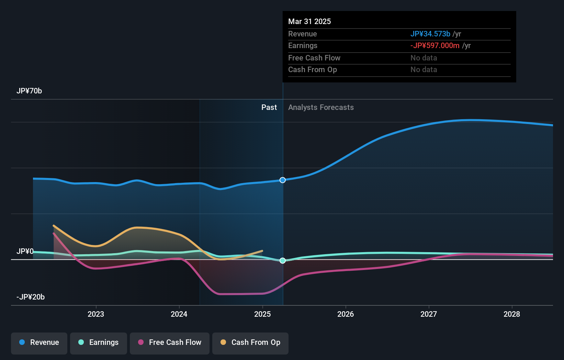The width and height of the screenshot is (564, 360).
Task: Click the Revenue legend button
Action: coord(39,342)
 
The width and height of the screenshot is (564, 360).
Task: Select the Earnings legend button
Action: coord(99,342)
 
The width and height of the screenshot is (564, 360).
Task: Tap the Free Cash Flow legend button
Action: coord(170,342)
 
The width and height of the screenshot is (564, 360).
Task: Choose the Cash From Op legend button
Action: coord(250,342)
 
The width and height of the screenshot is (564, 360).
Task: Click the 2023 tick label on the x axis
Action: coord(96,314)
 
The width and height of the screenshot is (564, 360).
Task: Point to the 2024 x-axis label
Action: coord(179,314)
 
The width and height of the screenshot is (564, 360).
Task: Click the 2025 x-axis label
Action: coord(262,314)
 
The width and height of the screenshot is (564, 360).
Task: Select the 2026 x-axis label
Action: coord(346,314)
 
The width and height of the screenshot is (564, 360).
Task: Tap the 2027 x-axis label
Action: coord(429,314)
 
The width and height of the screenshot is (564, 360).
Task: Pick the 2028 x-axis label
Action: coord(512,314)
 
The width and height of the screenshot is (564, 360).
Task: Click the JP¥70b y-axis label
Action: coord(29,91)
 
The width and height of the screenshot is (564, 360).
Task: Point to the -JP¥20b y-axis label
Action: coord(31,297)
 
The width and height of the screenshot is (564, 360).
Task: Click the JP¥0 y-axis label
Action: coord(25,251)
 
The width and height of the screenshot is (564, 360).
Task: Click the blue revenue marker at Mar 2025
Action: coord(283,180)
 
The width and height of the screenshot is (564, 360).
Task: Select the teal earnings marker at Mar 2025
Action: coord(283,261)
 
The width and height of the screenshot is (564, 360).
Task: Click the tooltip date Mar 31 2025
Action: coord(309,22)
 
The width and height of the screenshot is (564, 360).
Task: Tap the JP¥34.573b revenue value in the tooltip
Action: coord(430,34)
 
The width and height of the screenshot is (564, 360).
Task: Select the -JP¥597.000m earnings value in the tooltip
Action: coord(435,46)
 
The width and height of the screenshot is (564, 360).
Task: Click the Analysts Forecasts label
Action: coord(321,108)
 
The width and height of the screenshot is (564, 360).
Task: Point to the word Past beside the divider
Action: coord(269,108)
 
